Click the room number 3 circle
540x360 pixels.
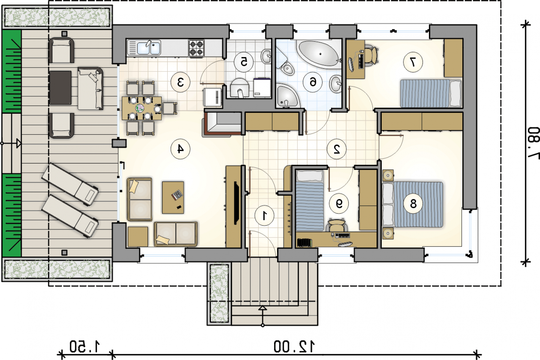[180, 82]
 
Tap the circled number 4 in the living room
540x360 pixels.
[180, 149]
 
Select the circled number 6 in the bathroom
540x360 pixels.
[313, 82]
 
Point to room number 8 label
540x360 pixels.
[413, 203]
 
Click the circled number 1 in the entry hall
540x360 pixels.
[265, 215]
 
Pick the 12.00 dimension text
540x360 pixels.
[294, 346]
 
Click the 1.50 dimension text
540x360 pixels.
[84, 346]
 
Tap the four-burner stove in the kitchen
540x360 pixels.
[196, 48]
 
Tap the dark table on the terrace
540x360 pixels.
[60, 87]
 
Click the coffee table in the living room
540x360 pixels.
[173, 198]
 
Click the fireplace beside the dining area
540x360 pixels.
[222, 124]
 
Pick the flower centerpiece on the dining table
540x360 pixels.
[140, 108]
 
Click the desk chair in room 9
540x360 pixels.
[337, 225]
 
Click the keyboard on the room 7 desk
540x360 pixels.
[361, 61]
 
